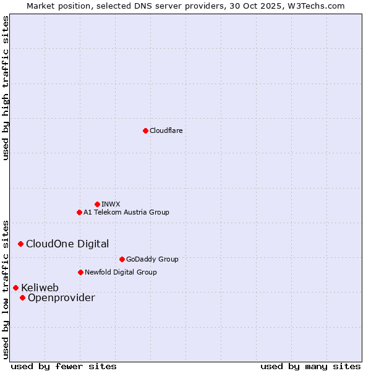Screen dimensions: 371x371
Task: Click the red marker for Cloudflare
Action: [x=145, y=130]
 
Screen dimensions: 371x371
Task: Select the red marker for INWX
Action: [x=97, y=204]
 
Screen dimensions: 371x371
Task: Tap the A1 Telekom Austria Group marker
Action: [x=79, y=212]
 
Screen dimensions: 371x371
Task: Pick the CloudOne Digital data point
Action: [x=20, y=244]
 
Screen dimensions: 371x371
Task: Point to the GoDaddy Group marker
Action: [x=122, y=259]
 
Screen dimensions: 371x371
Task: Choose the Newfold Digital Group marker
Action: [x=80, y=272]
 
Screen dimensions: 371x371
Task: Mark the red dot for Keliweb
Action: [x=15, y=288]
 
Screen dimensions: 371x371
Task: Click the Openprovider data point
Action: [x=22, y=297]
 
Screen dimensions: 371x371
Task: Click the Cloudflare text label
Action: [x=166, y=130]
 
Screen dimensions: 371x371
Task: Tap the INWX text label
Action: [x=111, y=204]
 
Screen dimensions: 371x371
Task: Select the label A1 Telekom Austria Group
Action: [x=126, y=212]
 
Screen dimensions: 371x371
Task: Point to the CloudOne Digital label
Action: [x=67, y=244]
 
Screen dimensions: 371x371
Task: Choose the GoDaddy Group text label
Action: [x=152, y=259]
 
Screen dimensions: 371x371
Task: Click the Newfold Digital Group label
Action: [x=121, y=272]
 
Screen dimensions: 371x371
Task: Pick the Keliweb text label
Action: [x=40, y=288]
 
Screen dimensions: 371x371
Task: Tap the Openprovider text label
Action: [x=61, y=297]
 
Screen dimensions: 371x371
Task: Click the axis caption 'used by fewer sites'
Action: [x=64, y=366]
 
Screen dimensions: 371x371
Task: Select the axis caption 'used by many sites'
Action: [x=310, y=366]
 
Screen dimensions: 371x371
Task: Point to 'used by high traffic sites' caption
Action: [x=6, y=88]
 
